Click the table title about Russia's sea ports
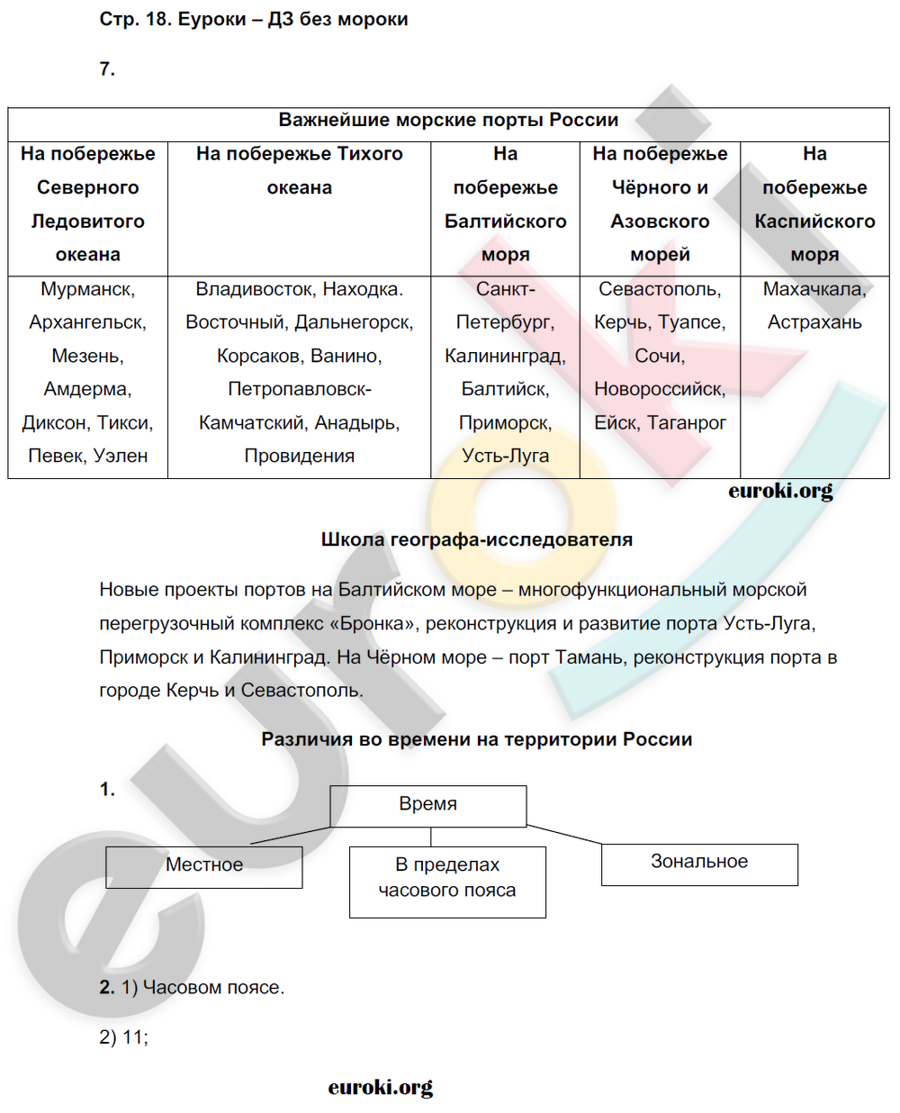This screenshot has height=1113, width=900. point(448,121)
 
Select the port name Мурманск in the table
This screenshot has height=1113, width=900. point(86,289)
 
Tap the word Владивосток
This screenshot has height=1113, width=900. point(254,289)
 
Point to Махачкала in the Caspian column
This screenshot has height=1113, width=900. point(814,289)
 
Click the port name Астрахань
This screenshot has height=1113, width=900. point(814,322)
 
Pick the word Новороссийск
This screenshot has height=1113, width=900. point(659,389)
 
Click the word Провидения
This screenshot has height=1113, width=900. point(299,456)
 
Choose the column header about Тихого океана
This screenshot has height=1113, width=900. point(299,170)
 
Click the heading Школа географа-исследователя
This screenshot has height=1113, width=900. point(476,539)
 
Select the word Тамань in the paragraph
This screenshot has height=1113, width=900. point(589,657)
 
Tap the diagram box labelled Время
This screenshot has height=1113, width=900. point(427,805)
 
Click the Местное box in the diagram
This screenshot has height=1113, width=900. point(204,865)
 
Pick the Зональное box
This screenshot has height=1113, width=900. point(699,863)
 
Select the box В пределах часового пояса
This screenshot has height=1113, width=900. point(447,878)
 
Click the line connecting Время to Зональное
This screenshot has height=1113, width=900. point(564,835)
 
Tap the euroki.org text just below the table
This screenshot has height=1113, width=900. point(780,491)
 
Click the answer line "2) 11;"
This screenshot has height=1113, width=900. point(124,1037)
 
